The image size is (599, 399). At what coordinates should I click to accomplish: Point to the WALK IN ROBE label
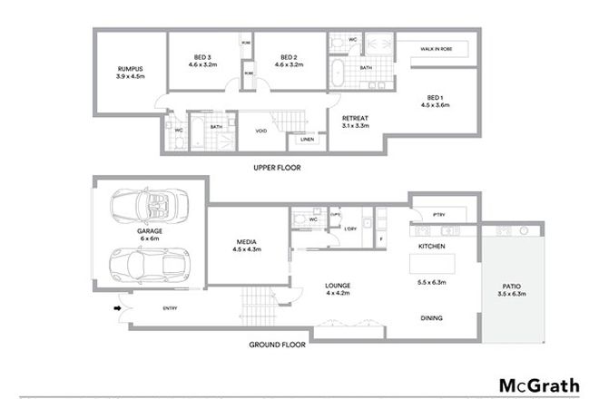point(437,49)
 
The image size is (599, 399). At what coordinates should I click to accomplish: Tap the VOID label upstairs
point(260,131)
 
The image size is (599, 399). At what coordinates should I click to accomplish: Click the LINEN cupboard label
point(308,140)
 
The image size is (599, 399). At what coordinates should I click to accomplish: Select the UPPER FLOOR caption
point(278,168)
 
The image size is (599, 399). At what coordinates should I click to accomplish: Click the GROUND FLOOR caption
point(278,345)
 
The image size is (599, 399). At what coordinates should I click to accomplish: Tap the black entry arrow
point(116,307)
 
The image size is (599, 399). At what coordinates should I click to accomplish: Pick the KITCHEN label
point(429,247)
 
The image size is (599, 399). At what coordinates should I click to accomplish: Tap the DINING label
point(430,318)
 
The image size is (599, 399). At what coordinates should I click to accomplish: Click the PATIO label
point(513,290)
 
